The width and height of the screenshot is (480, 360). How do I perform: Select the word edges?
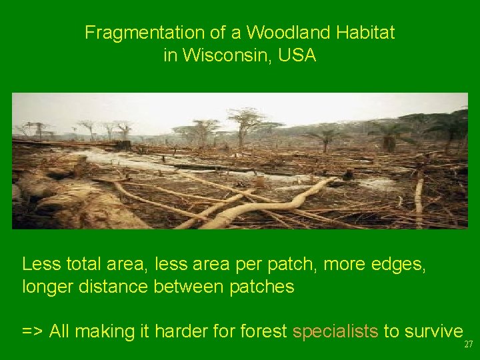click(400, 265)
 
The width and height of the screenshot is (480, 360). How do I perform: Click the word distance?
click(110, 287)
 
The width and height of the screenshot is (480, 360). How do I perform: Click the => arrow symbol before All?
click(31, 331)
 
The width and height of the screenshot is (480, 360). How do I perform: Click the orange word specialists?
click(335, 331)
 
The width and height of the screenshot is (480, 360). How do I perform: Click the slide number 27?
click(468, 345)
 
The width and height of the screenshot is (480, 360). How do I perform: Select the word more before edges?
click(344, 265)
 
